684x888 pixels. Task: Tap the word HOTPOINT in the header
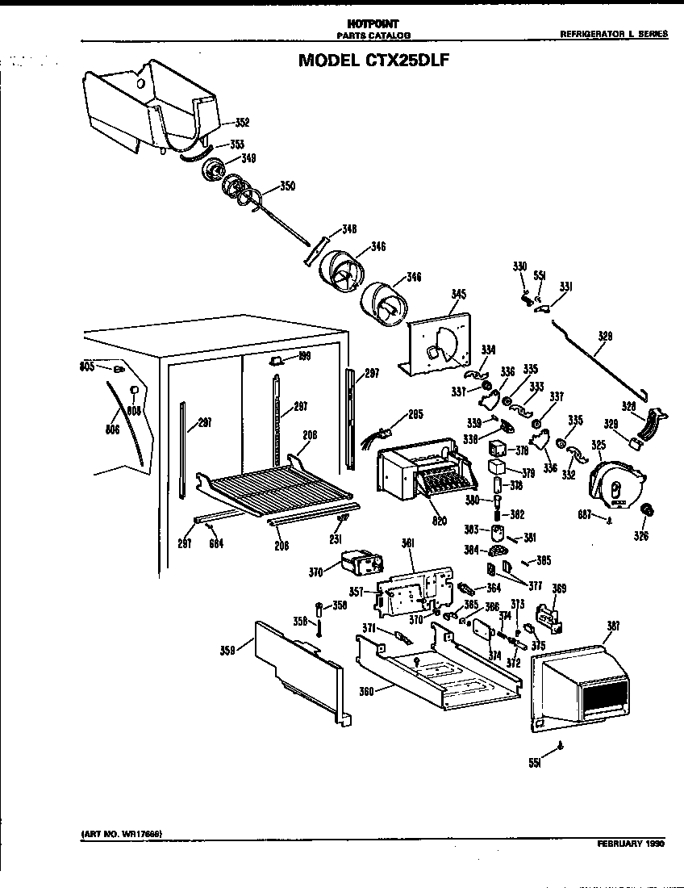(373, 24)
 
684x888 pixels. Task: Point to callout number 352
(242, 124)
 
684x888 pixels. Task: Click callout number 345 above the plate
(458, 295)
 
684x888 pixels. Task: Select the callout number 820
(439, 521)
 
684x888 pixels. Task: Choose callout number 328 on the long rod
(605, 340)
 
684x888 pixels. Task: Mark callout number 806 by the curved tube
(112, 429)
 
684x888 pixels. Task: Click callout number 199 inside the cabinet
(304, 355)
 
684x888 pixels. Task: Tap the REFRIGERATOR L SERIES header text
(615, 34)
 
